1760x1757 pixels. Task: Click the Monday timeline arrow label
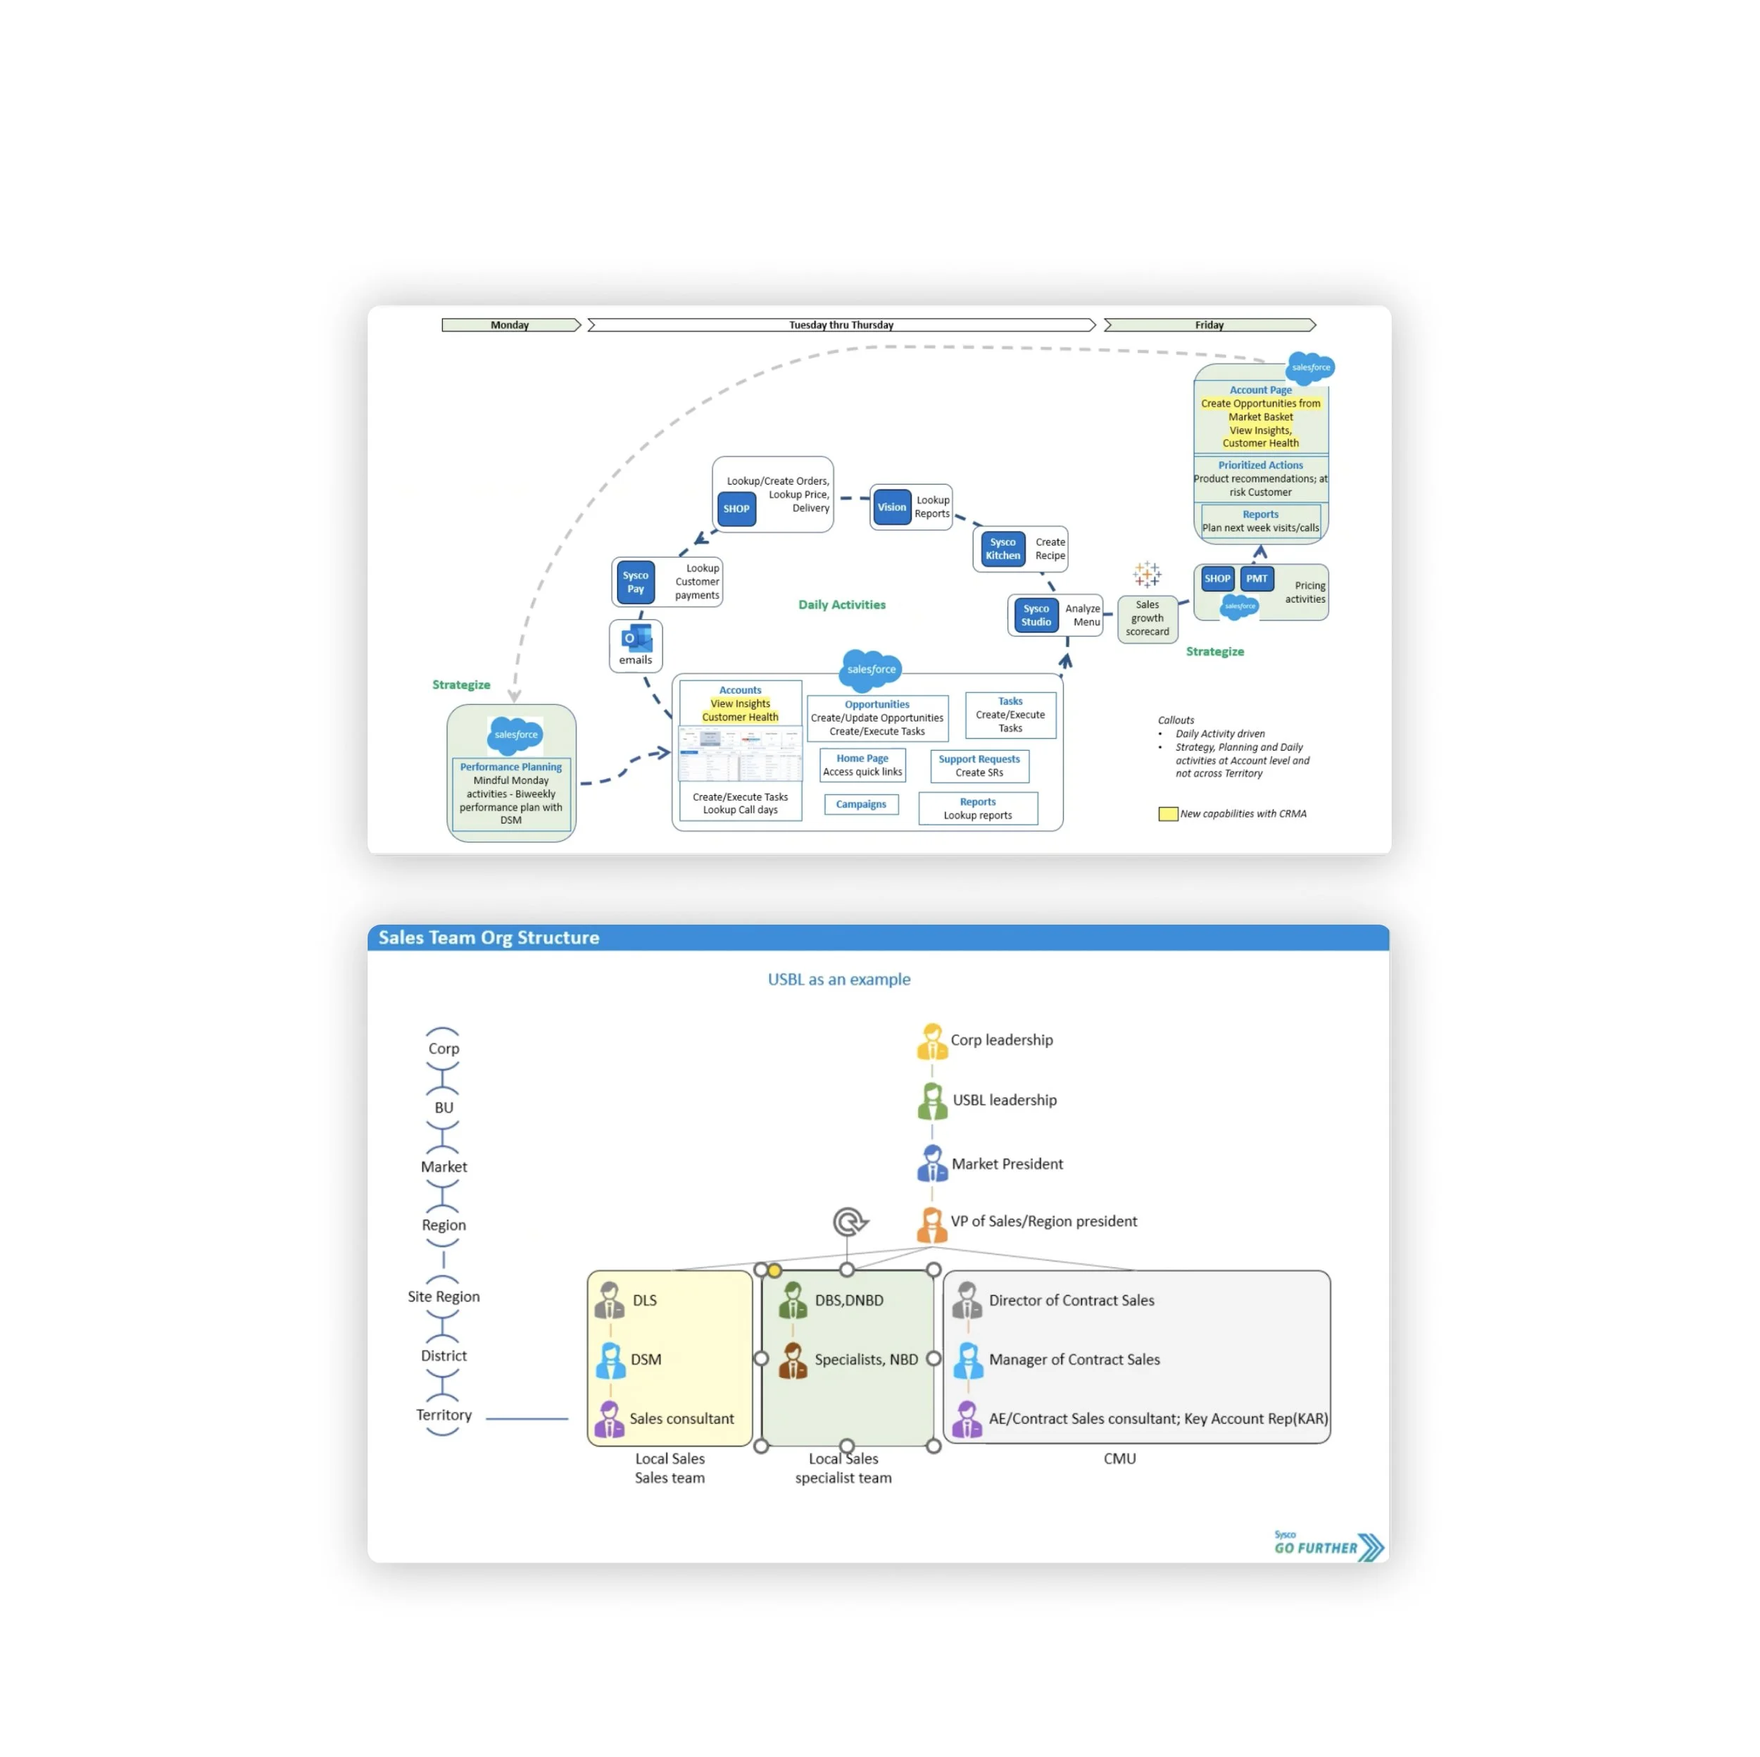[509, 325]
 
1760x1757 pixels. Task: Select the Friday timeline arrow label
[1209, 325]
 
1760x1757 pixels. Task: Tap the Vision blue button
[892, 508]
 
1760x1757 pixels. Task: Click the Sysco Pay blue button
[635, 582]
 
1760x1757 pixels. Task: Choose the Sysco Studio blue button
[1036, 615]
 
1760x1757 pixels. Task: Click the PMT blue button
[1256, 579]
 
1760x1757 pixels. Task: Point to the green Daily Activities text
[842, 605]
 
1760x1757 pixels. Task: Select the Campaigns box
[861, 805]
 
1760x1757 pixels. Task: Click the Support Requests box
[979, 765]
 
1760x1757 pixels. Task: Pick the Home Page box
[862, 765]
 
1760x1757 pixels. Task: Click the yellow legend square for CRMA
[1167, 814]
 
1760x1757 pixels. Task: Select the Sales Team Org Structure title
[489, 938]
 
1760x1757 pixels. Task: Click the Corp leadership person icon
[931, 1041]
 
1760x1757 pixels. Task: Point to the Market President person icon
[931, 1164]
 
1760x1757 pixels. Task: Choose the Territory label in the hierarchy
[444, 1415]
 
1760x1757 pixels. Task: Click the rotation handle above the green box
[849, 1222]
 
